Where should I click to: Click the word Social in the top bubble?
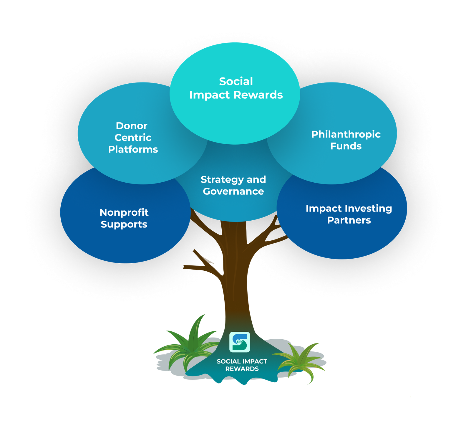click(x=236, y=82)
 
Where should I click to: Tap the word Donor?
click(x=132, y=126)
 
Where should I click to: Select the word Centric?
click(x=133, y=138)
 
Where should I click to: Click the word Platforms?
click(x=133, y=149)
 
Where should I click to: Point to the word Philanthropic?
click(x=346, y=134)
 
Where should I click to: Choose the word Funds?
click(x=346, y=146)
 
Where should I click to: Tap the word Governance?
click(x=233, y=191)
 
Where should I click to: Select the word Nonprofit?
click(x=124, y=212)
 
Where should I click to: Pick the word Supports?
click(x=124, y=224)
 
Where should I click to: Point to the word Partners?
click(x=349, y=220)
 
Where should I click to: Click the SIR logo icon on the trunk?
click(x=240, y=342)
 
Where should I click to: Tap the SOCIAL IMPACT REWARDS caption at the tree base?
click(x=242, y=365)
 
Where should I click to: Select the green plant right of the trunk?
click(x=300, y=361)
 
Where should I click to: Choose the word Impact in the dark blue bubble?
click(x=324, y=209)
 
